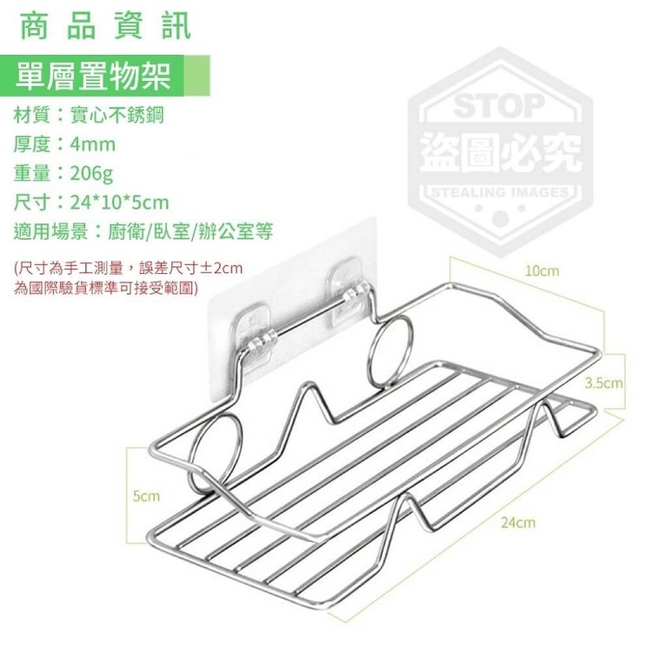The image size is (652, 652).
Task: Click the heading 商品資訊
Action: (105, 27)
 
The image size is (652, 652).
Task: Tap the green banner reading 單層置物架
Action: (105, 77)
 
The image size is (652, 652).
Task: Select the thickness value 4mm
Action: (93, 144)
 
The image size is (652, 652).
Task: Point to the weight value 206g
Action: (91, 173)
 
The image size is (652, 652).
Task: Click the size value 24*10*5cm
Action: (120, 203)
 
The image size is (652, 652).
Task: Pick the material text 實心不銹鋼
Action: (116, 115)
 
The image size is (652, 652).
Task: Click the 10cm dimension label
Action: (542, 271)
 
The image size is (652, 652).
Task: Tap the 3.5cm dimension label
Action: (603, 383)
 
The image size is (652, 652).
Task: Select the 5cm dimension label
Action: (146, 496)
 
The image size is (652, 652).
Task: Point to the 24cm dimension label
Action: (518, 522)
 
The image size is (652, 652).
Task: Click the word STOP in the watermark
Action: (499, 106)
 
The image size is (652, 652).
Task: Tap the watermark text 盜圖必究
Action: (501, 152)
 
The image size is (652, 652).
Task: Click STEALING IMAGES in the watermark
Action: (500, 192)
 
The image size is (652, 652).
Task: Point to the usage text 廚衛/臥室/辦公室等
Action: (190, 231)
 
